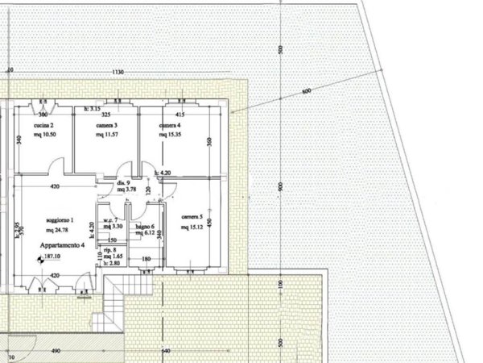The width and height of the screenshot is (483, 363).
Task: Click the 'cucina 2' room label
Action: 43,127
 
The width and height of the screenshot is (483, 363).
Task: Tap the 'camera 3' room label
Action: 106,127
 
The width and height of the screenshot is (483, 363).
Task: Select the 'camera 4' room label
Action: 170,127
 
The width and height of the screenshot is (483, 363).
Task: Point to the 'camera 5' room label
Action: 192,217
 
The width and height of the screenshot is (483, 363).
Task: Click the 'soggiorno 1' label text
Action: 60,221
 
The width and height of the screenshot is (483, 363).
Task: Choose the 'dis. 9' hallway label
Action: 123,183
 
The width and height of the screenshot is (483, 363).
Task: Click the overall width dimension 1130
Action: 118,72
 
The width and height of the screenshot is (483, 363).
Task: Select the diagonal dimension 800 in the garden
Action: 306,91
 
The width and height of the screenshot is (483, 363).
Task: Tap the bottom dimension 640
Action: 166,352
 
